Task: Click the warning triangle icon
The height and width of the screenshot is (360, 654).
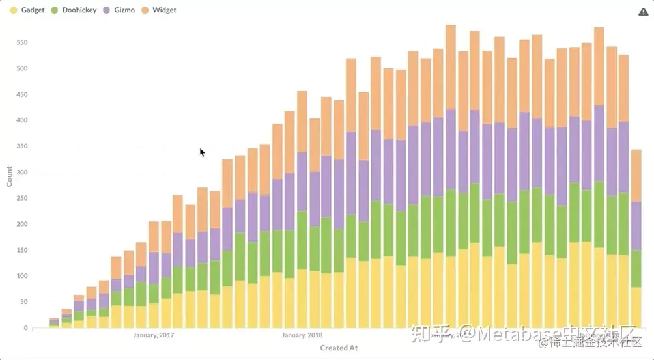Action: (643, 12)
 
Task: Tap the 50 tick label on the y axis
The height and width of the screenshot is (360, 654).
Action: (23, 302)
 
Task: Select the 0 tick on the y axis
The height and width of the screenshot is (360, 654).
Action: (25, 328)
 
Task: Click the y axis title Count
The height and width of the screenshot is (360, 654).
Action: (10, 176)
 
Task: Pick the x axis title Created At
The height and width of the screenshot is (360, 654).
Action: (339, 348)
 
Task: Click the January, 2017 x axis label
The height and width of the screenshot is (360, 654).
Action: (154, 335)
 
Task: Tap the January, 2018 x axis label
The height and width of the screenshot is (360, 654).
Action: (302, 335)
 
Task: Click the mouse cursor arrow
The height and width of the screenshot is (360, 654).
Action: (202, 152)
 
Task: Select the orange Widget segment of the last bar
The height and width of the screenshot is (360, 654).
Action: (636, 176)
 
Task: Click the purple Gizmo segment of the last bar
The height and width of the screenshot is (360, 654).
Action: (636, 226)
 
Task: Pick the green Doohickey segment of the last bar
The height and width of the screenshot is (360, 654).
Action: (636, 269)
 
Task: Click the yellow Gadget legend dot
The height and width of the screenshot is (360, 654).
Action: (13, 10)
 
